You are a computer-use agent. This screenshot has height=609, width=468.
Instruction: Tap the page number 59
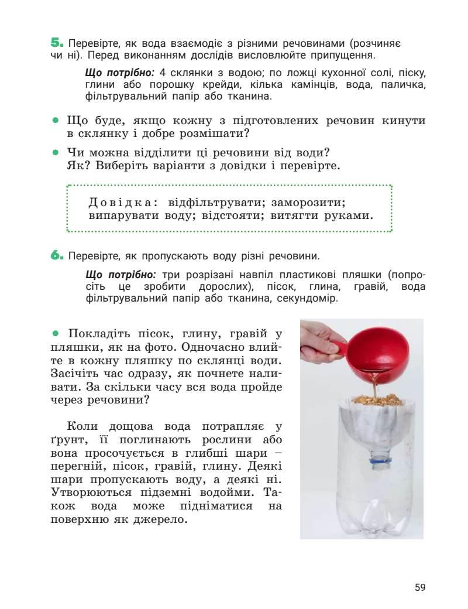click(420, 587)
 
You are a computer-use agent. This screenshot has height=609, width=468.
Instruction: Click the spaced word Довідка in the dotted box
click(123, 203)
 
